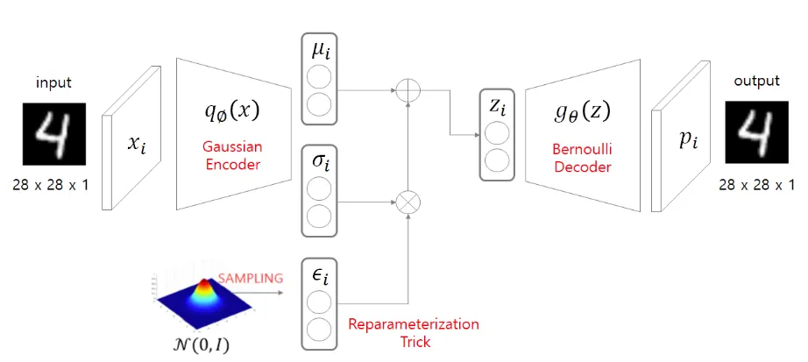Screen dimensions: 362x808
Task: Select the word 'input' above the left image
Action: pyautogui.click(x=53, y=83)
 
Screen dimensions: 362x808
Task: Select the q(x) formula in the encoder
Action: pyautogui.click(x=231, y=113)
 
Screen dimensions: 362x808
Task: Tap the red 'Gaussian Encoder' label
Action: pyautogui.click(x=231, y=154)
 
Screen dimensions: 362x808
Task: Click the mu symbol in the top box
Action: pyautogui.click(x=320, y=53)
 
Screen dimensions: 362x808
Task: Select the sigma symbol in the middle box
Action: pyautogui.click(x=320, y=165)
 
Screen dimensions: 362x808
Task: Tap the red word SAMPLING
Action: pyautogui.click(x=251, y=278)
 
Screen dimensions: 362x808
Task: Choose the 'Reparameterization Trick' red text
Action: pyautogui.click(x=414, y=333)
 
